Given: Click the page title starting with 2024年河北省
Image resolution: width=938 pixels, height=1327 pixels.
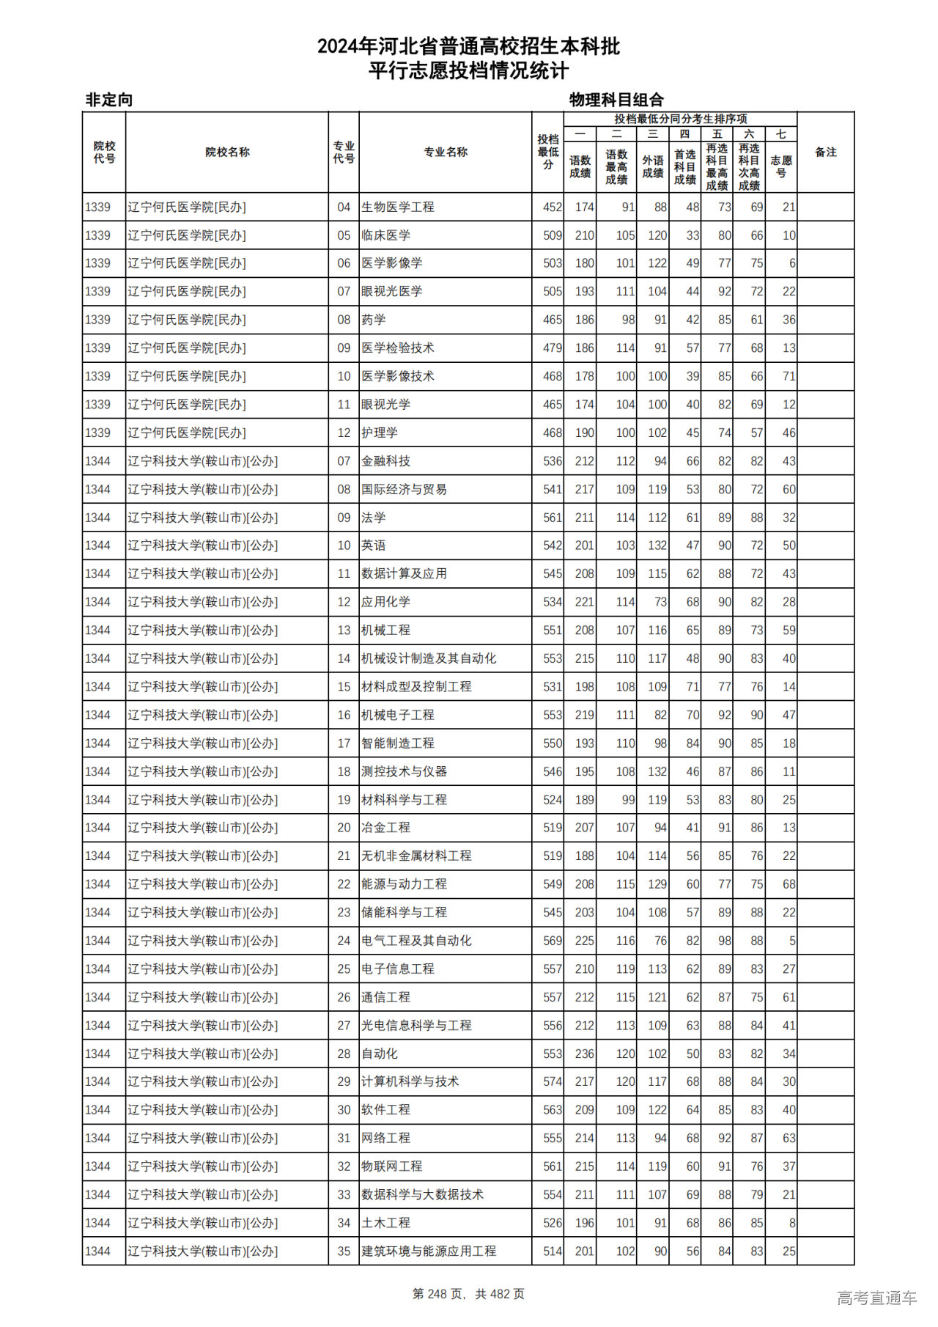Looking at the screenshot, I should coord(468,47).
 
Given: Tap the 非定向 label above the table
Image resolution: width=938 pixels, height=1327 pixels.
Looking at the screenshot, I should coord(109,100).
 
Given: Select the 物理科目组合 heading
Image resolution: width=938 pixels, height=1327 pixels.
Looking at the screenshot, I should coord(616,100).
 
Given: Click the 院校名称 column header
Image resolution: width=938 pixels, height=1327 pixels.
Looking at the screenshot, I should coord(227,152).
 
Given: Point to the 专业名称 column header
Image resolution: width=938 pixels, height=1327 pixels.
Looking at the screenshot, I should coord(446,152).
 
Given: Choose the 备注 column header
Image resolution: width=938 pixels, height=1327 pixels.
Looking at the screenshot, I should coord(825,152).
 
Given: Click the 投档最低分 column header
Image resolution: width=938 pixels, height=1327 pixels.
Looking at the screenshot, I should coord(547,152).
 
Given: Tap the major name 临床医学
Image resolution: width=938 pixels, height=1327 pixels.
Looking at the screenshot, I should coord(385,235).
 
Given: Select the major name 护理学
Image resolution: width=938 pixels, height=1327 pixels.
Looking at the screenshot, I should coord(380,433).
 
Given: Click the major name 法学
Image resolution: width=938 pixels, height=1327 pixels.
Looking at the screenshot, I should coord(374,518).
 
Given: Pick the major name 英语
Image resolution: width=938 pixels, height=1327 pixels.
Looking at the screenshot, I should coord(374,545).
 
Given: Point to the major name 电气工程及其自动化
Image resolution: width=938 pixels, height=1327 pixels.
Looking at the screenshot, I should coord(416,941).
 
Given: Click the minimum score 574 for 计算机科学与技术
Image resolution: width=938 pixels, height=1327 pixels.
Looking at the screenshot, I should coord(553,1081).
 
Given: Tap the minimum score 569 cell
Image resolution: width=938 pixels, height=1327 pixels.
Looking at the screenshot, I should coord(553,941).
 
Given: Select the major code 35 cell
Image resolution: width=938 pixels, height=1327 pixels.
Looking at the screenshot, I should coord(344,1251).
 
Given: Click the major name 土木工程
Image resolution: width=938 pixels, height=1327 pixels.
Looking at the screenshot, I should coord(385,1223).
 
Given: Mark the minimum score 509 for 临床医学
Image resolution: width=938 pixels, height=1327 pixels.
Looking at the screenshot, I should coord(553,235).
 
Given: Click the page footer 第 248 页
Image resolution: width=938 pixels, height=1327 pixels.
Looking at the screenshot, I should coord(468,1294).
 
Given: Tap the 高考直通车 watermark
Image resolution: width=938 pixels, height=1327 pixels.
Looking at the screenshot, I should coord(876,1298).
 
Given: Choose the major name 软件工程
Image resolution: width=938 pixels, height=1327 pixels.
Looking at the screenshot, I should coord(385,1110).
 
